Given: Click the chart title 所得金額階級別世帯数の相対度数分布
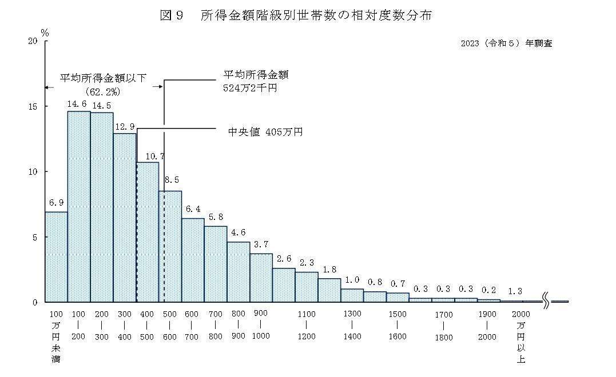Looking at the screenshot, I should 316,16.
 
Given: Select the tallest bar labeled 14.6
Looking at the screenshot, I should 79,206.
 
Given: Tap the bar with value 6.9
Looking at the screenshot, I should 56,257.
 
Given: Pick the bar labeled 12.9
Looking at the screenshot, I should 125,217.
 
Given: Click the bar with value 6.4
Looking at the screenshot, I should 193,260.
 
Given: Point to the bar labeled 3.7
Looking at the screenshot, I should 261,278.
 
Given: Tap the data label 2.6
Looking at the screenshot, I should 284,258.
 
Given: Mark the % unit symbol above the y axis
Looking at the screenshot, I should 45,33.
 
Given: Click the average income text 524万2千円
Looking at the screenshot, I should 250,89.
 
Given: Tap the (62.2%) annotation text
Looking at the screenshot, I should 102,91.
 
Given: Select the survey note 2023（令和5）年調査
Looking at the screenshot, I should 506,43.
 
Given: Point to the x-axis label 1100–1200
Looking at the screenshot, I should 307,325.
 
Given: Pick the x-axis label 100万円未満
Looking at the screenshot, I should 56,336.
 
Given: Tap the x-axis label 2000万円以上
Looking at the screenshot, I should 521,336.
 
